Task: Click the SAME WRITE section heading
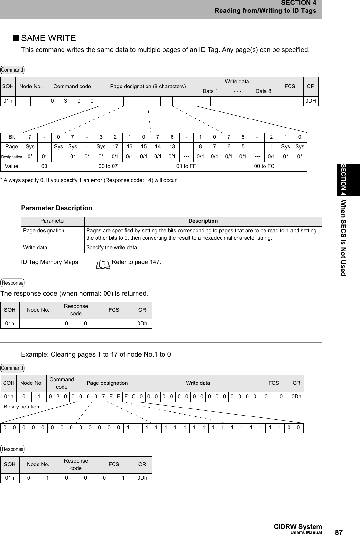tap(48, 38)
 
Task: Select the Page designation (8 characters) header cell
tap(148, 87)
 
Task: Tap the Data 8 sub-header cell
tap(263, 91)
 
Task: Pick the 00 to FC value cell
tap(264, 166)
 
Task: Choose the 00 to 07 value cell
tap(108, 166)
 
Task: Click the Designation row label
tap(12, 157)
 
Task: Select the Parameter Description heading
tap(56, 208)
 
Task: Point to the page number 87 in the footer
tap(339, 532)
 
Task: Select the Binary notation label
tap(21, 407)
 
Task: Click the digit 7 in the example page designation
tap(103, 397)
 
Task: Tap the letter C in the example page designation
tap(133, 397)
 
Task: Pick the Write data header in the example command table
tap(198, 383)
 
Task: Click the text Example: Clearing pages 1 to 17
tap(96, 354)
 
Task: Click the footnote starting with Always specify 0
tap(89, 180)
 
